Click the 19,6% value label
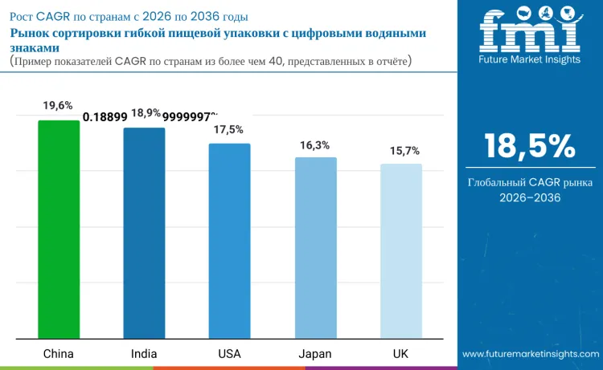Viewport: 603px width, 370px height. (x=59, y=105)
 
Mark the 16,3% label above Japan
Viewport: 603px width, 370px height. (x=315, y=144)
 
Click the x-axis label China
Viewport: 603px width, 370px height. (x=59, y=353)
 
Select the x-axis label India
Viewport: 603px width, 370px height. (x=144, y=353)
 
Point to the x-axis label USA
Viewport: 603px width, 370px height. (x=229, y=353)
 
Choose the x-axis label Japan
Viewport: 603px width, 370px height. (x=315, y=353)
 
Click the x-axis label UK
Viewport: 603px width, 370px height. (x=400, y=353)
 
